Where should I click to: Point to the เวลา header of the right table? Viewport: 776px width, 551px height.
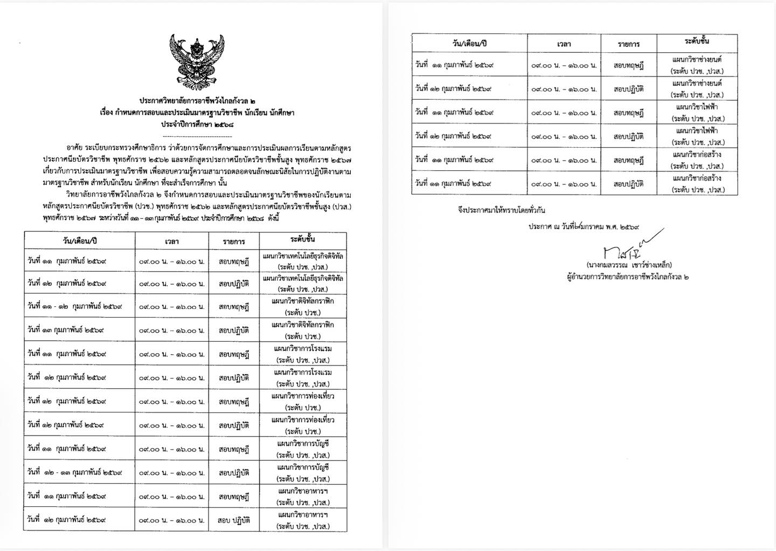pos(564,44)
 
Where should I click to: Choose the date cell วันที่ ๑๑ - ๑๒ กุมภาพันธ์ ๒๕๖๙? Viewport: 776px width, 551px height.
pos(75,306)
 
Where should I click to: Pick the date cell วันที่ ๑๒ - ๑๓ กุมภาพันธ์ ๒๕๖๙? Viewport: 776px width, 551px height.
pos(75,472)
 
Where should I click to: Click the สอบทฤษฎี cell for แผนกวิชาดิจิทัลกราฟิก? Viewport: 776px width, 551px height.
pos(234,307)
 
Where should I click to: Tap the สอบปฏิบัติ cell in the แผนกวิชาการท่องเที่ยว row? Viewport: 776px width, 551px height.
pos(234,425)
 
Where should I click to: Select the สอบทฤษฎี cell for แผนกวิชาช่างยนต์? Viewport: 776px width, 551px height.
pos(628,65)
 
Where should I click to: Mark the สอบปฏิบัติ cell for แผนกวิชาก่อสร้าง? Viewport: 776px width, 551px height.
pos(628,184)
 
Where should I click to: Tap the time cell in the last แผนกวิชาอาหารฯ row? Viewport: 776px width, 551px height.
pos(172,520)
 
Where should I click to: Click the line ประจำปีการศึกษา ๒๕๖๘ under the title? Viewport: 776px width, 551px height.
pos(197,125)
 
